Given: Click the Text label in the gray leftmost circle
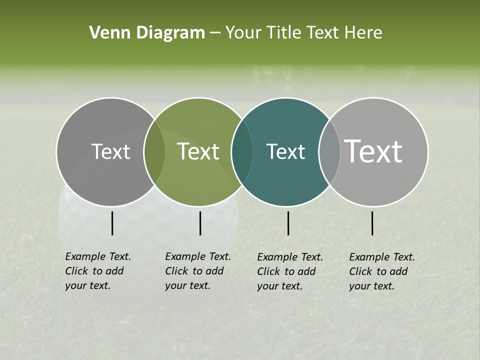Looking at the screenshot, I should [x=110, y=151].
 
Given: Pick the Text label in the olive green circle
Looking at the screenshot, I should [x=198, y=151].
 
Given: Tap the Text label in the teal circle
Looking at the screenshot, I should [x=285, y=151].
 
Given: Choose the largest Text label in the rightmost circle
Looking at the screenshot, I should [x=373, y=151].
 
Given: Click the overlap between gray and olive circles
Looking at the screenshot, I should [x=154, y=151].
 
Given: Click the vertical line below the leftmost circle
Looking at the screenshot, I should [x=112, y=223].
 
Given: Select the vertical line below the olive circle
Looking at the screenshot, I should [x=200, y=223].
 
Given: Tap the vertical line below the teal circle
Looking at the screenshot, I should [x=288, y=223].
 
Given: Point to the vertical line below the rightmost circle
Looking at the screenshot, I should [x=372, y=223].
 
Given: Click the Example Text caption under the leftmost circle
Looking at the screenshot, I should [x=98, y=271].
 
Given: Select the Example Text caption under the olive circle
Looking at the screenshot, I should [x=198, y=271].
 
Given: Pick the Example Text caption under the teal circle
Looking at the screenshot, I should [x=290, y=271].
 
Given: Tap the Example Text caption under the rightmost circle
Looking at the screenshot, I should [x=382, y=271].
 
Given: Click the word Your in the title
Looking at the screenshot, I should [x=243, y=33].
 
